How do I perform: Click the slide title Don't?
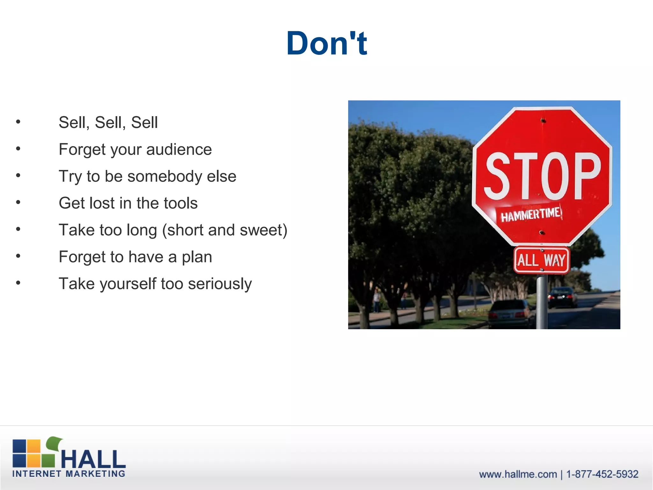pos(326,43)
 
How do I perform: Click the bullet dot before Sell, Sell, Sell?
pos(18,122)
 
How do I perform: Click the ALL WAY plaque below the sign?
pos(541,260)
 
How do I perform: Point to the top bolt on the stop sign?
pos(543,120)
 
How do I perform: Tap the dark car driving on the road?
pos(562,297)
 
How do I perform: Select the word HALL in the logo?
pos(93,459)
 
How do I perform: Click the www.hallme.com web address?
pos(518,474)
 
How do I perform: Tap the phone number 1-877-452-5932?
pos(602,474)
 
